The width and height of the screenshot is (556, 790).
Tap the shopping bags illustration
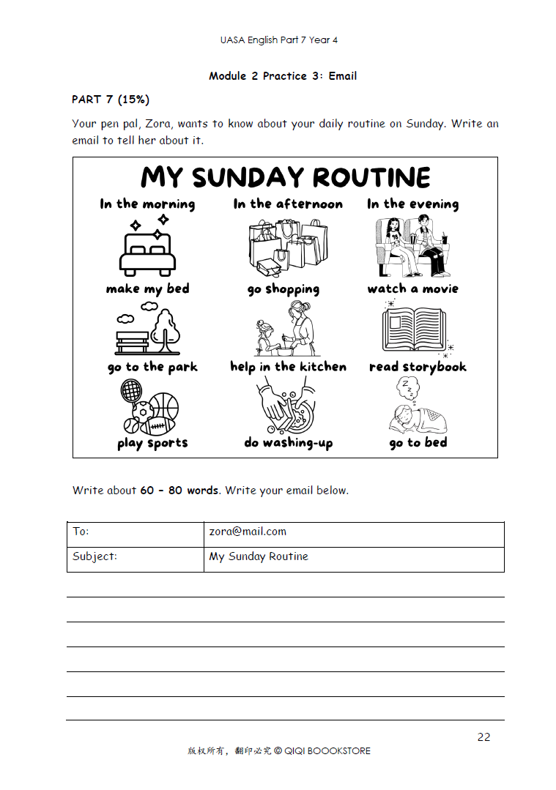tap(285, 245)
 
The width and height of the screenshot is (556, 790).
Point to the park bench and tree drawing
tap(147, 331)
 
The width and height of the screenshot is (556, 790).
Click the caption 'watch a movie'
tap(412, 288)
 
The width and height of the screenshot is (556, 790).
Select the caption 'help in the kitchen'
tap(288, 367)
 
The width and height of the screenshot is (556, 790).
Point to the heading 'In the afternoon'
tap(288, 204)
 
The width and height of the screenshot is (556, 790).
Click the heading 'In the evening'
tap(412, 204)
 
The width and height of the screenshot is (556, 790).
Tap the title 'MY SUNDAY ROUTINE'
tap(286, 177)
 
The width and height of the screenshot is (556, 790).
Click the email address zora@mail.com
tap(248, 532)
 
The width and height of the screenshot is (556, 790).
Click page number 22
tap(483, 737)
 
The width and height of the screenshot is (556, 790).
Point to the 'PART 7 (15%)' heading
tap(111, 100)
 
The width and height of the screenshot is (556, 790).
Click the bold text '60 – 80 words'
tap(179, 491)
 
